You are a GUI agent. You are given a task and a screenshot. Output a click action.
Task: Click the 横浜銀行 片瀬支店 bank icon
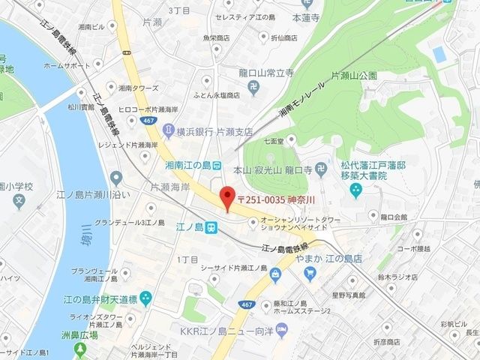[x=169, y=131]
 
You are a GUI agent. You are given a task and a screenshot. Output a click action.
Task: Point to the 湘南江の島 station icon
[x=216, y=164]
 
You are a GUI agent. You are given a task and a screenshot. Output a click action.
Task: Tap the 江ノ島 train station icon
[x=211, y=226]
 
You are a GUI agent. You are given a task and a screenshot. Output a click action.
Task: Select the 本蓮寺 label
[x=306, y=16]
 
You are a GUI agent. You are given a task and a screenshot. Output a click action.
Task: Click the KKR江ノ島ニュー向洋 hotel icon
[x=282, y=330]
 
